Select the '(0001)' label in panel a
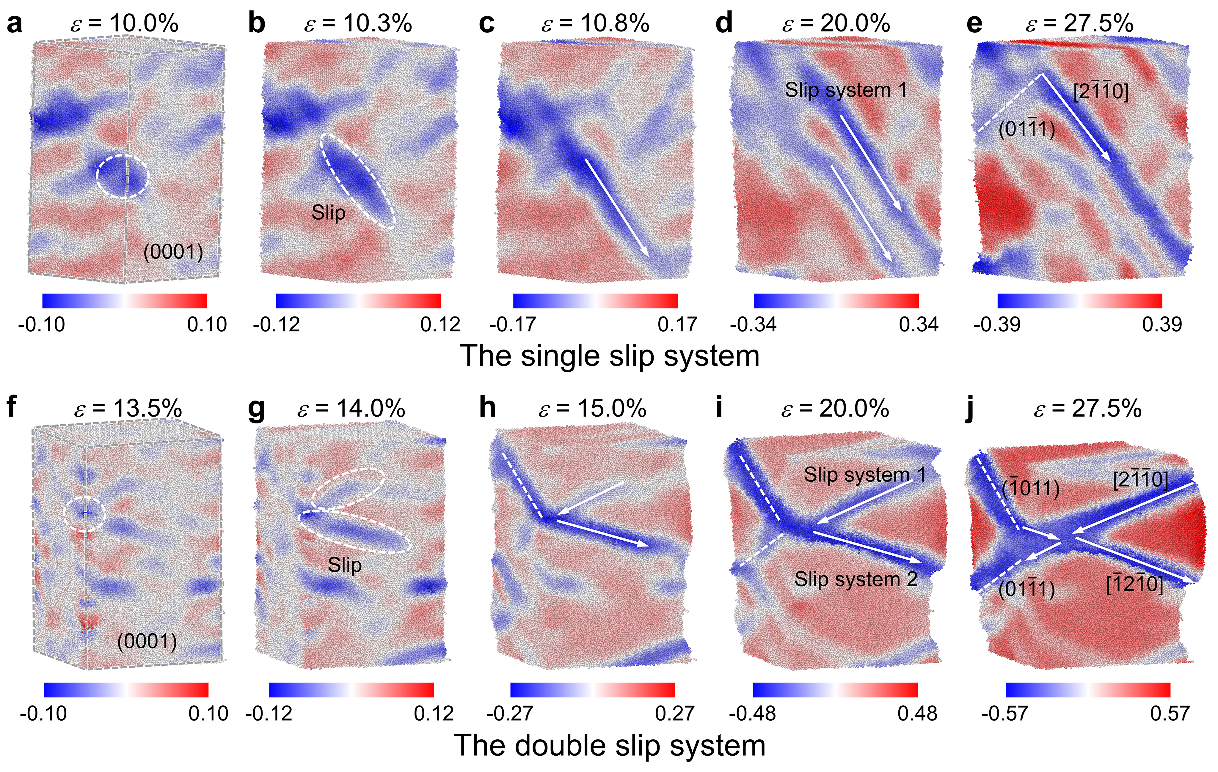pyautogui.click(x=173, y=252)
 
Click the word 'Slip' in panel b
pyautogui.click(x=328, y=213)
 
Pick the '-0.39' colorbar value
pyautogui.click(x=996, y=324)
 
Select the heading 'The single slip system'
pyautogui.click(x=610, y=356)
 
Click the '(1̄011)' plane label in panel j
pyautogui.click(x=1030, y=488)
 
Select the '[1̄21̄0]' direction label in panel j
pyautogui.click(x=1134, y=585)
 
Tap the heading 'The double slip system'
pyautogui.click(x=610, y=746)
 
